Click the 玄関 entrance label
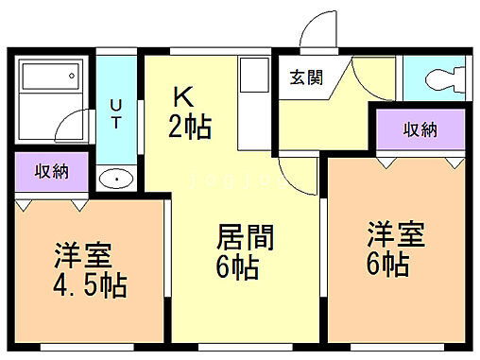coord(306,77)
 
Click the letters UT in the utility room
coord(115,113)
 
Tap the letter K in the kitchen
coord(183,96)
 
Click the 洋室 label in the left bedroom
coord(82,254)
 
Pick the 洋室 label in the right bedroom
coord(395,233)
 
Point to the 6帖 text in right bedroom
coord(388,264)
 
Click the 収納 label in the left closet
coord(52,171)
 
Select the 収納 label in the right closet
coord(420,129)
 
